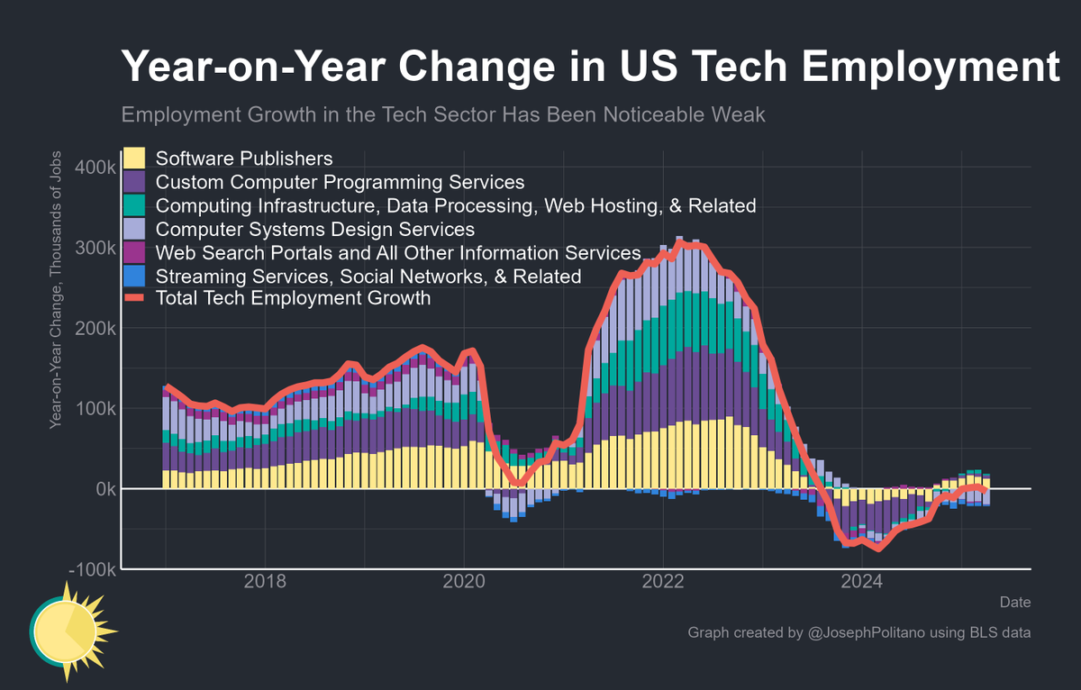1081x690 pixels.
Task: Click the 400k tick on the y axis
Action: click(x=93, y=168)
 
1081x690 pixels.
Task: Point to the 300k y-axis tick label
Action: click(x=93, y=249)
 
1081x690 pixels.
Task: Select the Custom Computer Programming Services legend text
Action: click(x=340, y=182)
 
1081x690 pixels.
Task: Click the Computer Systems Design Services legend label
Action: click(x=315, y=229)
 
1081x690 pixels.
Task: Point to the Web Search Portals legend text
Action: click(x=397, y=252)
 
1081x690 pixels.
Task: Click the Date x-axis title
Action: click(x=1015, y=602)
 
